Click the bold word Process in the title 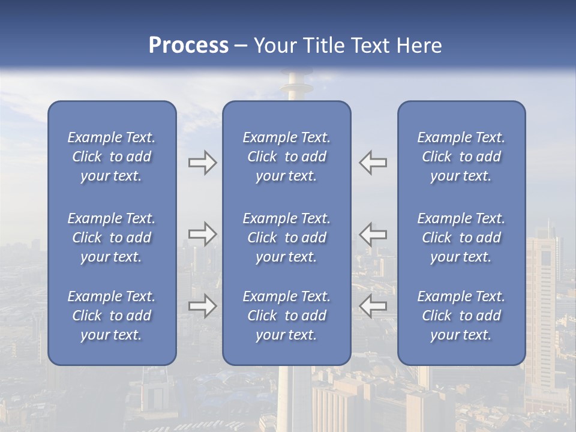click(x=188, y=46)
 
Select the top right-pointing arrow click(x=202, y=163)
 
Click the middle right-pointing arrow click(x=202, y=234)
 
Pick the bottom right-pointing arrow click(x=202, y=306)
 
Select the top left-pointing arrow click(x=373, y=163)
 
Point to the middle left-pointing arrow click(x=373, y=234)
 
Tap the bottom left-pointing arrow click(x=373, y=306)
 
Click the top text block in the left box click(x=112, y=157)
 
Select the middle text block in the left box click(x=112, y=238)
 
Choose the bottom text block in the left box click(x=112, y=316)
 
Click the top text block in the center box click(x=287, y=157)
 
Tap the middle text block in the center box click(x=287, y=238)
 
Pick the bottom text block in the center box click(x=287, y=316)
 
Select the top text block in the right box click(x=461, y=157)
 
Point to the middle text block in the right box click(x=461, y=238)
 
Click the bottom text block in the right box click(x=461, y=316)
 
